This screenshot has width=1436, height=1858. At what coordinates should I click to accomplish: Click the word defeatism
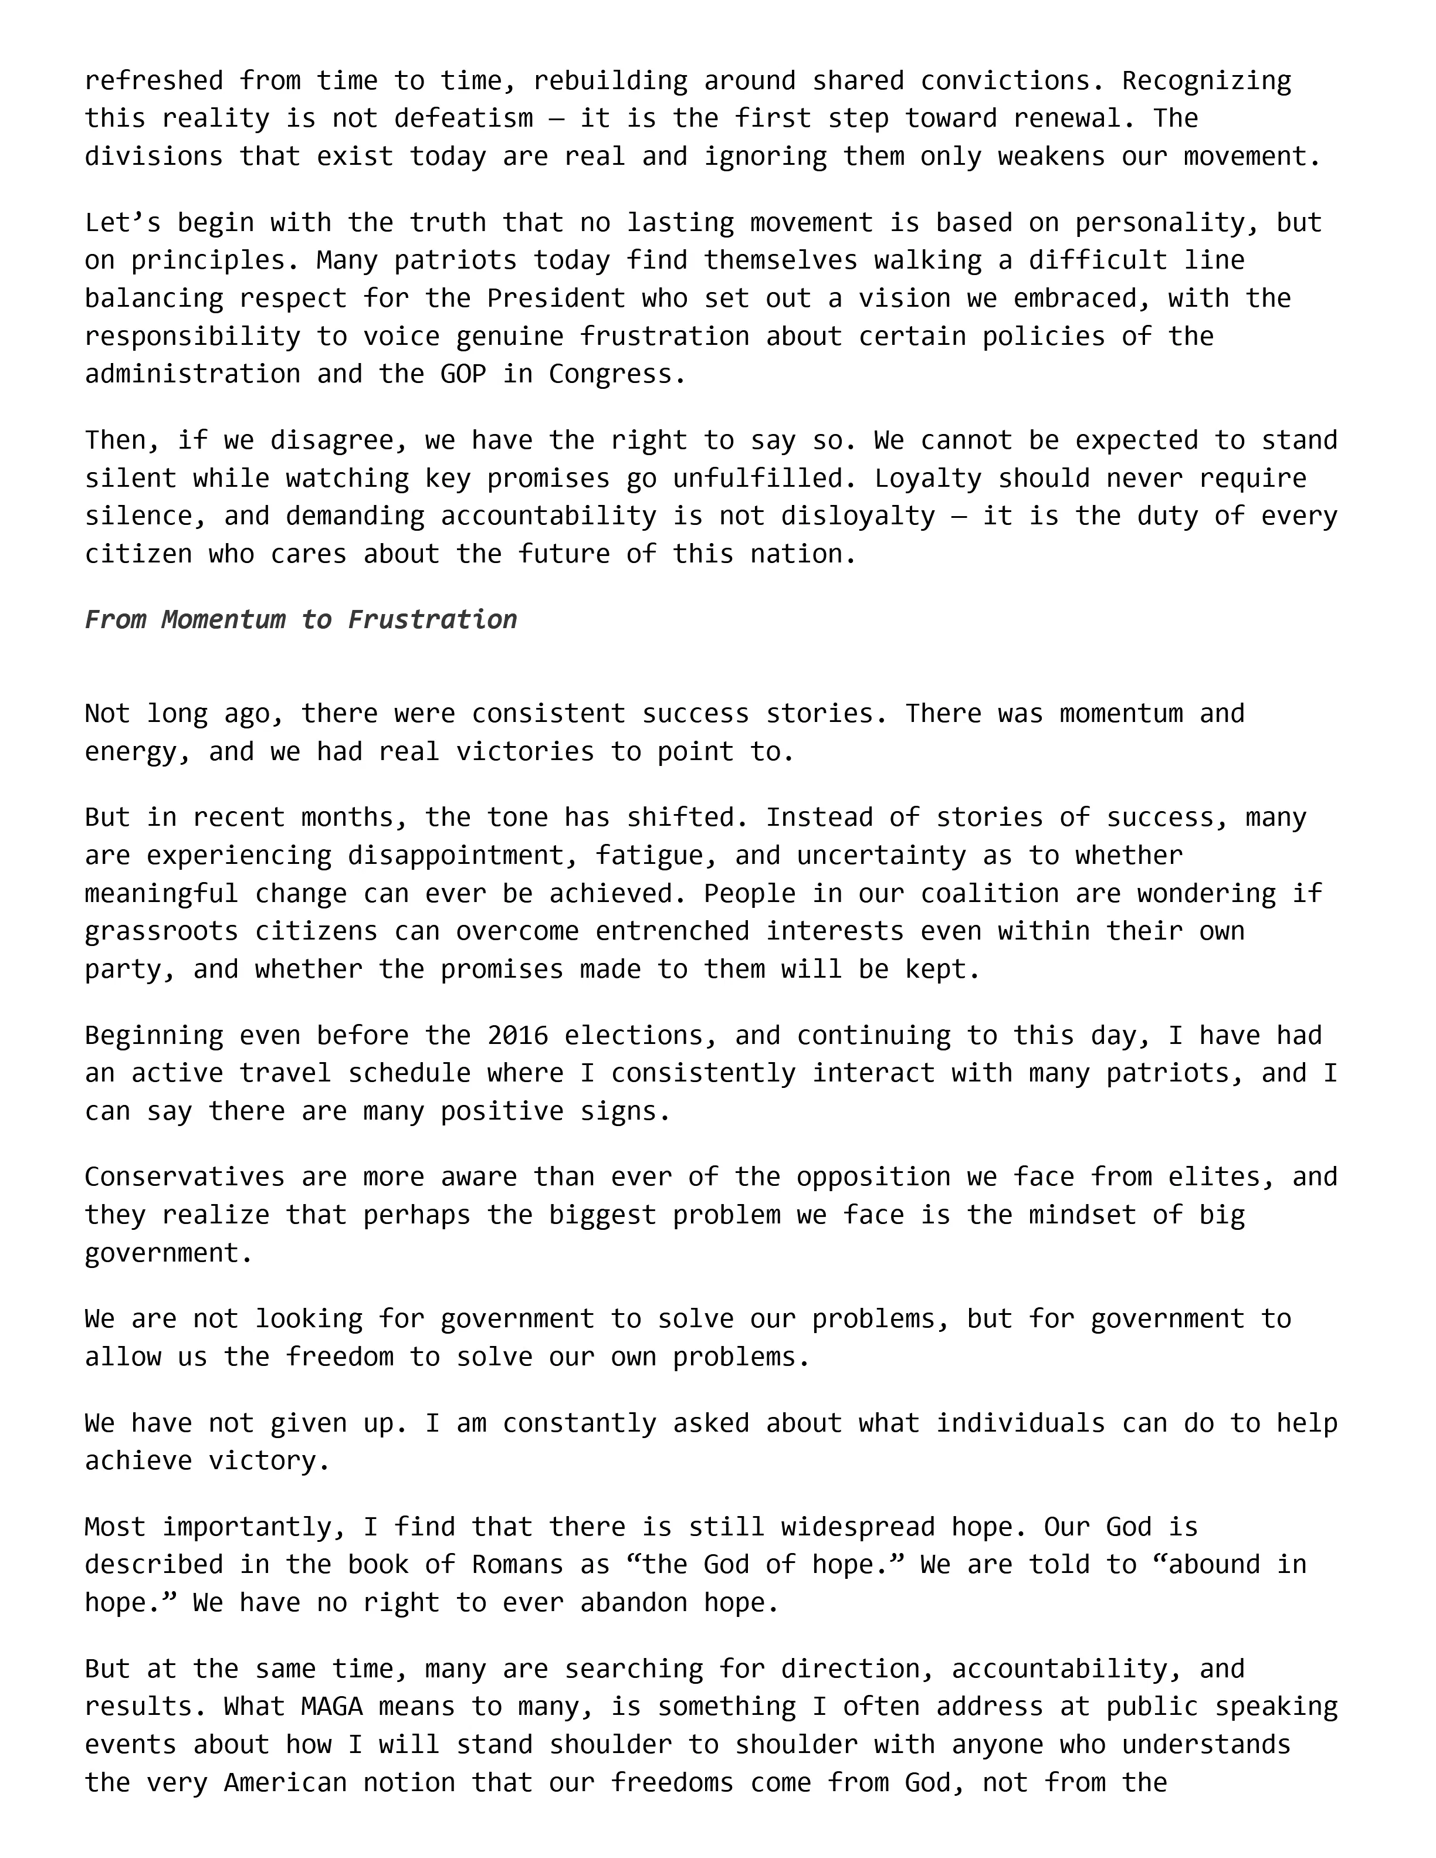(463, 118)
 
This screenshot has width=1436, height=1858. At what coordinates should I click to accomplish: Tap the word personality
(1167, 223)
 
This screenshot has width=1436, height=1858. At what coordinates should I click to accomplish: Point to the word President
(556, 299)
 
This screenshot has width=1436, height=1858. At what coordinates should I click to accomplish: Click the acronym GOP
(463, 374)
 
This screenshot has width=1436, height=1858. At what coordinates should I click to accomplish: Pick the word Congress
(616, 374)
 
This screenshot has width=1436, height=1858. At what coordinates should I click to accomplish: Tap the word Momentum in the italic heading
(223, 619)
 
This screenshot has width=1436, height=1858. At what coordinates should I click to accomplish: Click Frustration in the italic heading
(432, 619)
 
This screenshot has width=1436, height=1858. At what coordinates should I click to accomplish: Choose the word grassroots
(162, 931)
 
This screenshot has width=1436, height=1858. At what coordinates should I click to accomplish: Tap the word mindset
(1082, 1215)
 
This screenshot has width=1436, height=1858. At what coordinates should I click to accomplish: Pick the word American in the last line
(285, 1782)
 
